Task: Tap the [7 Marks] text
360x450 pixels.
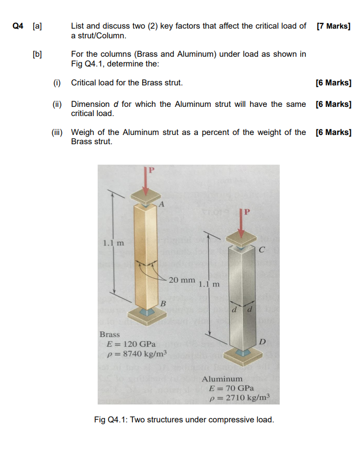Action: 333,26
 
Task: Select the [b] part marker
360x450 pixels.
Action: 37,54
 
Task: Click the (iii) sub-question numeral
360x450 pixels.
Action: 57,132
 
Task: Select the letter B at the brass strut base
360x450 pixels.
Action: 163,304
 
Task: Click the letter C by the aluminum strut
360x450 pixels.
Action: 261,250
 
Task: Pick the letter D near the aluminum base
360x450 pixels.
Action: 262,341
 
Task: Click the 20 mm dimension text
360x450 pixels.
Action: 182,280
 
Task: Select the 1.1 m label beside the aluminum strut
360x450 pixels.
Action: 209,284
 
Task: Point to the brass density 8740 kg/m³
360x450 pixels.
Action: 136,354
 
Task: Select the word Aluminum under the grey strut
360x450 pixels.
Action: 222,379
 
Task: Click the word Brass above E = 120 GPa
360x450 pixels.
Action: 109,334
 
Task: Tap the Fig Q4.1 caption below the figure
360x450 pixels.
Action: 184,420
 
